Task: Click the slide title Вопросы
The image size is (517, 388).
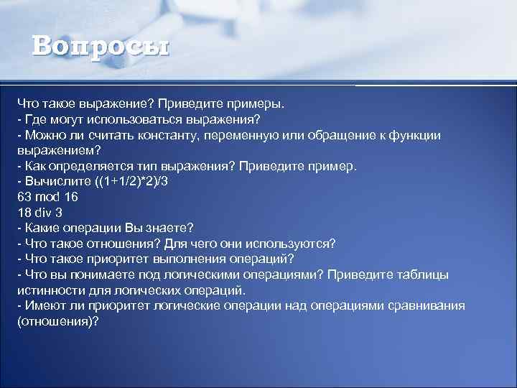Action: [101, 47]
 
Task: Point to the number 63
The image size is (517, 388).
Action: [24, 196]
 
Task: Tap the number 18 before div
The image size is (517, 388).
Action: [24, 212]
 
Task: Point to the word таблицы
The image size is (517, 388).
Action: [423, 274]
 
